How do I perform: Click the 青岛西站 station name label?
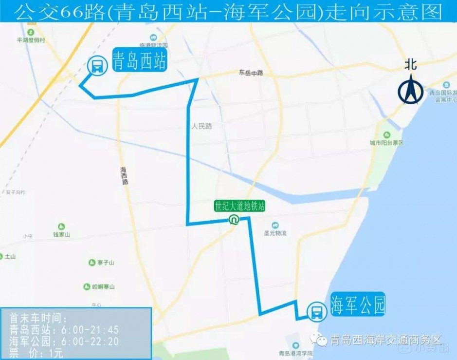(x=139, y=61)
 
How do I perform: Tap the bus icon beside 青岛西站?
(x=97, y=65)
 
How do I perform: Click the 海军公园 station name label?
(x=358, y=305)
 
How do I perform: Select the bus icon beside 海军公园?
(x=317, y=311)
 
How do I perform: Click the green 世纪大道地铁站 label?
(x=240, y=206)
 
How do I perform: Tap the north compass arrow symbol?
(x=411, y=89)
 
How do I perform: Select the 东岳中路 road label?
(x=251, y=73)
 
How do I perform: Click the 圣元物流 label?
(x=275, y=233)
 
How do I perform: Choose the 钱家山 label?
(x=62, y=235)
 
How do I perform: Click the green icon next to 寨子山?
(x=91, y=263)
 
